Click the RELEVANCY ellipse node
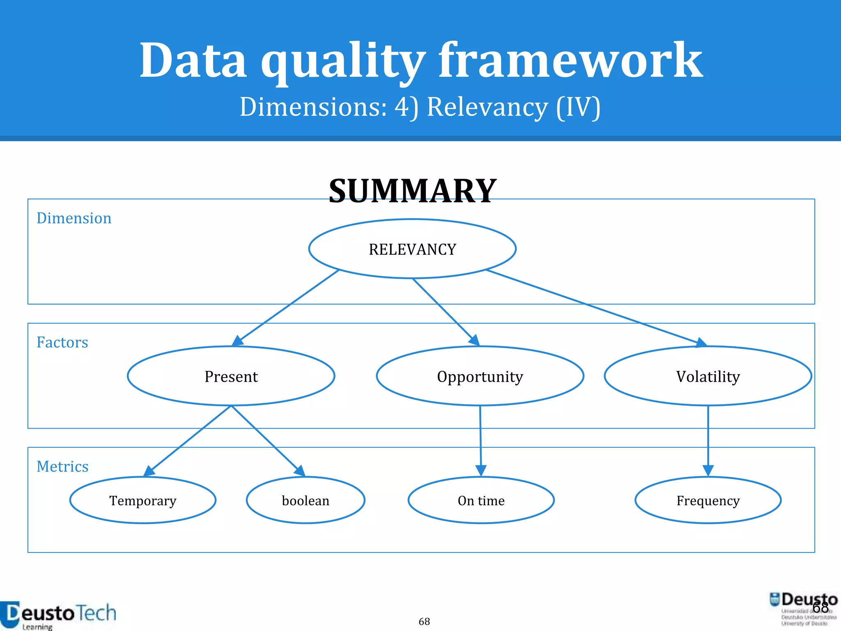412,249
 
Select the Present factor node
231,376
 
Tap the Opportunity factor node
480,376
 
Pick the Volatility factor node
708,376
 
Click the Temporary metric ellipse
143,500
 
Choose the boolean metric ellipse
306,500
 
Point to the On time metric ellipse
481,500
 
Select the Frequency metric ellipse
708,500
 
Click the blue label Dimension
74,218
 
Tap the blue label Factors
62,342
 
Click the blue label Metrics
62,466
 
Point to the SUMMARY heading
413,191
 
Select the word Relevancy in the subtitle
487,107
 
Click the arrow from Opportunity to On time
480,440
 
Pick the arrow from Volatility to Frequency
708,440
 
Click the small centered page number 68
424,622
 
